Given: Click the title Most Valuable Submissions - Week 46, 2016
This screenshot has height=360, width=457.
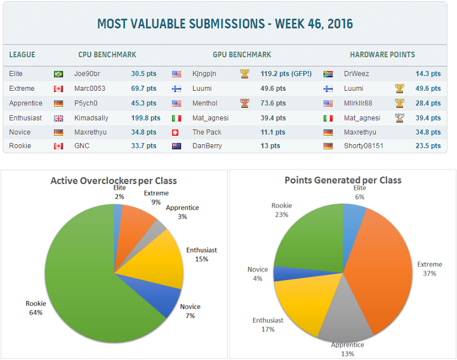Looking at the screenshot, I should click(225, 25).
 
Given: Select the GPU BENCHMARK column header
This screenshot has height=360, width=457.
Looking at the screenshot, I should click(242, 55).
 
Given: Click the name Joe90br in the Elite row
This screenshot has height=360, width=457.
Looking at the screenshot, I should click(87, 74).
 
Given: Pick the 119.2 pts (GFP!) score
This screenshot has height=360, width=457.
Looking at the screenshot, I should click(286, 74).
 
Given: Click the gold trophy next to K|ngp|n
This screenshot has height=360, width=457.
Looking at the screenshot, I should click(244, 74).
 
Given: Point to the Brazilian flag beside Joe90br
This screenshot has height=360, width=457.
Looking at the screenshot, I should click(59, 74).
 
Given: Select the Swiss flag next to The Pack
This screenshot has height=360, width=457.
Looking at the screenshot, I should click(176, 132).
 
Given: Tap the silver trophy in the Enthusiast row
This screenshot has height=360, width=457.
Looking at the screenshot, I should click(399, 117).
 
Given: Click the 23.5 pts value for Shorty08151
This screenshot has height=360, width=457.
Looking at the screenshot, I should click(428, 147).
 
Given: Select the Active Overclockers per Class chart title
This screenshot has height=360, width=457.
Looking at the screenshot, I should click(114, 181).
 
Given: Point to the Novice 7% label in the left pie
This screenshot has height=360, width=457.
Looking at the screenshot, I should click(190, 310).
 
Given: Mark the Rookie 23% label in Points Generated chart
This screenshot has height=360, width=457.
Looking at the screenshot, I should click(281, 210).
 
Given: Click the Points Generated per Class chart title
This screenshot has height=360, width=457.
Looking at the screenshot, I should click(343, 180).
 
